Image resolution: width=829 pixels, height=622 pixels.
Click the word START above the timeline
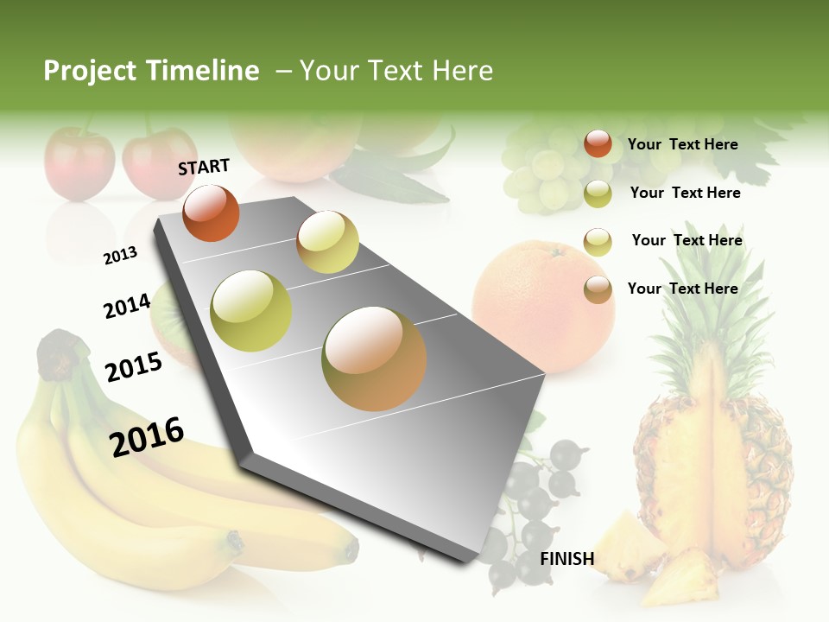tap(204, 167)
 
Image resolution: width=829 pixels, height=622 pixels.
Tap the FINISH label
tap(567, 559)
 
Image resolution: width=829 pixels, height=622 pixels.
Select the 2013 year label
tap(120, 255)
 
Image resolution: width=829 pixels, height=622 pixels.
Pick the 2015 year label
tap(134, 366)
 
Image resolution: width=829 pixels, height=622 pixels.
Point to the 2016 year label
tap(147, 435)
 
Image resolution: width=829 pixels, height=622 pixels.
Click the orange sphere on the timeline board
tap(211, 213)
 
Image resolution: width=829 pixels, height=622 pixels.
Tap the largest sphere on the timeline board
tap(374, 359)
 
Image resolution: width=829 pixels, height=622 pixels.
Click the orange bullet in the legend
tap(598, 143)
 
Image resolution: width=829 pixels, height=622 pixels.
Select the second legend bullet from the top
tap(598, 194)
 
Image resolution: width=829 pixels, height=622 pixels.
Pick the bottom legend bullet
tap(598, 289)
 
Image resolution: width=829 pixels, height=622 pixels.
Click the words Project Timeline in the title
tap(151, 71)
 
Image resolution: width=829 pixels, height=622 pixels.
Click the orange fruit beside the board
tap(543, 307)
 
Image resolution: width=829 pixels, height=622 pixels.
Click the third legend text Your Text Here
tap(687, 240)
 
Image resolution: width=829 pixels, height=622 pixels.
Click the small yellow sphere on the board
tap(327, 241)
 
